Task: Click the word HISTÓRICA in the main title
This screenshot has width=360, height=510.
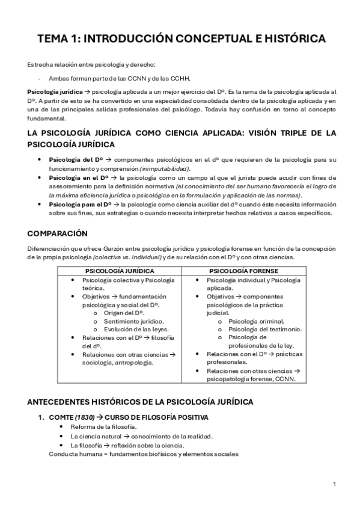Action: tap(287, 40)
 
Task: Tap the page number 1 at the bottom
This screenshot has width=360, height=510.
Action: tap(334, 484)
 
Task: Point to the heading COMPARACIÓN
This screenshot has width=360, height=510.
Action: tap(57, 233)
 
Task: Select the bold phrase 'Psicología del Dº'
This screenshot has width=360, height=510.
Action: tap(70, 159)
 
